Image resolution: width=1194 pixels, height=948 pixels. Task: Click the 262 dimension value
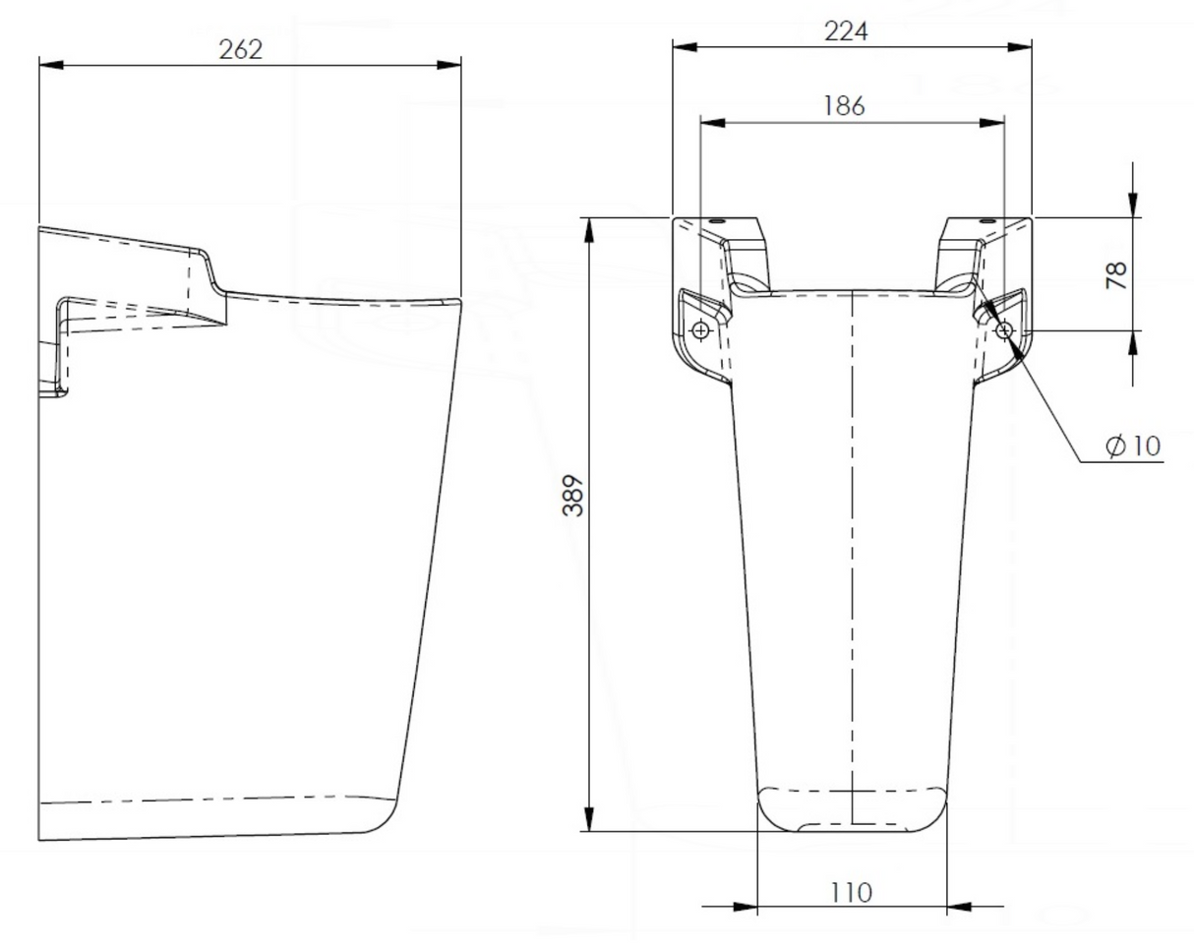pos(240,50)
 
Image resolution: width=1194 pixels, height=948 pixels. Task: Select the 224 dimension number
pos(846,31)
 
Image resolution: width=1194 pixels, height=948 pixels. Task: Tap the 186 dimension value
pos(844,106)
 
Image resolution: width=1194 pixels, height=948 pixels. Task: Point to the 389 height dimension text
pos(573,496)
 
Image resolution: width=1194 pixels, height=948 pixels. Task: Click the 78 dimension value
pos(1116,275)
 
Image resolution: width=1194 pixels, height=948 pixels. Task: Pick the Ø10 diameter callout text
pos(1133,446)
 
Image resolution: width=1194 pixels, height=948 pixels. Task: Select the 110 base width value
pos(851,893)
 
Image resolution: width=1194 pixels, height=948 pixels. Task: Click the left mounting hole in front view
pos(700,331)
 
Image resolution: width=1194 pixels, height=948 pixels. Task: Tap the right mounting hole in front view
pos(1004,331)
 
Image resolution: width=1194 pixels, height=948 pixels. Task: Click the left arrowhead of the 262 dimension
pos(51,66)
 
